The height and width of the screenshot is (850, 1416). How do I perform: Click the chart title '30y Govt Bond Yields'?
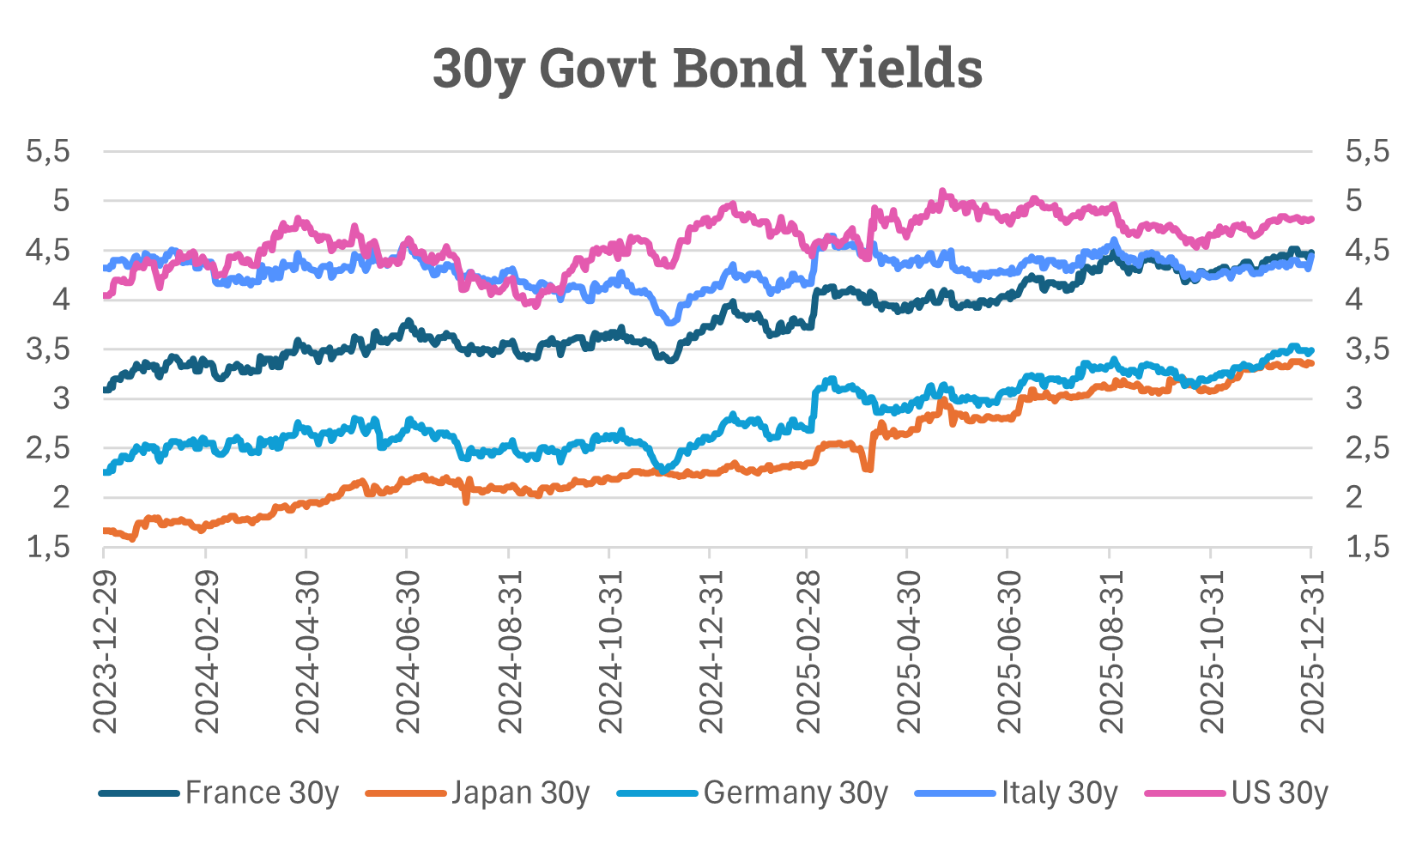click(x=707, y=68)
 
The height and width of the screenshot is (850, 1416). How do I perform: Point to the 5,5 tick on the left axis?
click(x=48, y=152)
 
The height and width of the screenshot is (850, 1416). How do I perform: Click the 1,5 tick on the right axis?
click(x=1366, y=547)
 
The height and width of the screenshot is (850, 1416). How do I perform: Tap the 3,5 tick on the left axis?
click(x=48, y=349)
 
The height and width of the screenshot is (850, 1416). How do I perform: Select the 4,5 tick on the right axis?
click(x=1366, y=251)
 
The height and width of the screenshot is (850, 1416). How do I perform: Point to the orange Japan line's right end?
click(x=1310, y=364)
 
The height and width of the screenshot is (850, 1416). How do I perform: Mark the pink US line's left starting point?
click(x=105, y=295)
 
